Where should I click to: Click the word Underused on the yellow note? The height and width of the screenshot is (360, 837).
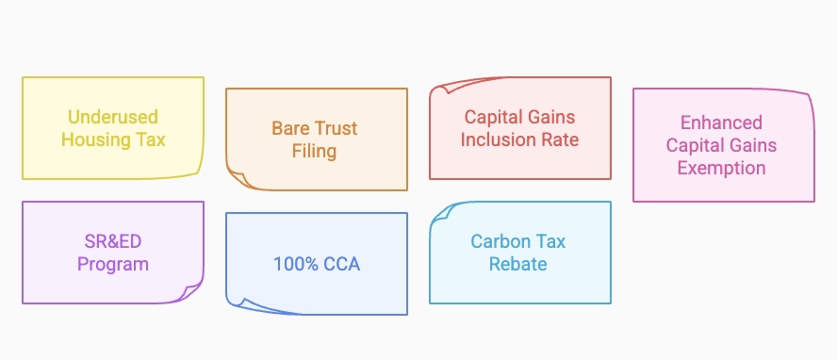tap(113, 117)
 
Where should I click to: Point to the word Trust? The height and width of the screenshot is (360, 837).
tap(336, 128)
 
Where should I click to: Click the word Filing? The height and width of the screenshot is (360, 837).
tap(316, 151)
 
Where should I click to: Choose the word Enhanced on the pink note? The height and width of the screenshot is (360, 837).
tap(723, 123)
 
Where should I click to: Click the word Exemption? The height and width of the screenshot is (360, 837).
tap(723, 168)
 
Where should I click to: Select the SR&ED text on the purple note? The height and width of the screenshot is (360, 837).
tap(113, 241)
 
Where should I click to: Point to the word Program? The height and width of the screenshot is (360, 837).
tap(113, 264)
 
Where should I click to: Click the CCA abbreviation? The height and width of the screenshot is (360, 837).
tap(339, 264)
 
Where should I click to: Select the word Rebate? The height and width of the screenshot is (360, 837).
tap(518, 264)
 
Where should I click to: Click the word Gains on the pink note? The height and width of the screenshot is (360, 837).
tap(751, 145)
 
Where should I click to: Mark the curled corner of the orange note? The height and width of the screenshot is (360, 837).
tap(236, 178)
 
